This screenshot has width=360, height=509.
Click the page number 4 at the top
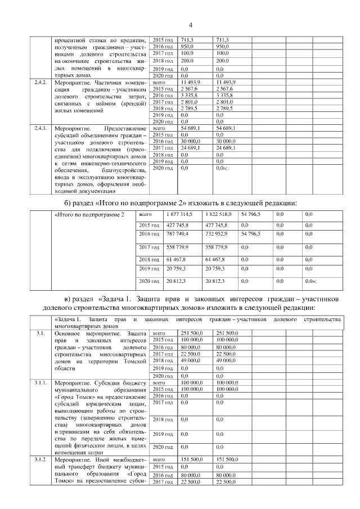tap(190, 25)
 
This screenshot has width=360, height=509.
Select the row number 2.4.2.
tap(40, 83)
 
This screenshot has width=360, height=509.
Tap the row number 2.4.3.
tap(40, 129)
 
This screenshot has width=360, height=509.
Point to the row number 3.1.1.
tap(40, 382)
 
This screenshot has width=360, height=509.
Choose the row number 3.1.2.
tap(40, 460)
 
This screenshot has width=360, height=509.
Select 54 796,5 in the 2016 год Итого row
tap(251, 233)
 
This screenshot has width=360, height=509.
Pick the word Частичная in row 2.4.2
tap(116, 83)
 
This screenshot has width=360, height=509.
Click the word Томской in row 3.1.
tap(134, 362)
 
